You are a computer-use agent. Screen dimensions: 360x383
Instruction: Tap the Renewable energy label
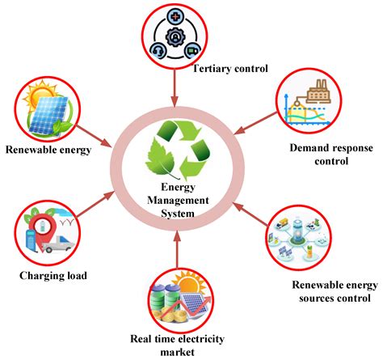coord(47,150)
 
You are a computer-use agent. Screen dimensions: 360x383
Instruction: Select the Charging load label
coord(53,275)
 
